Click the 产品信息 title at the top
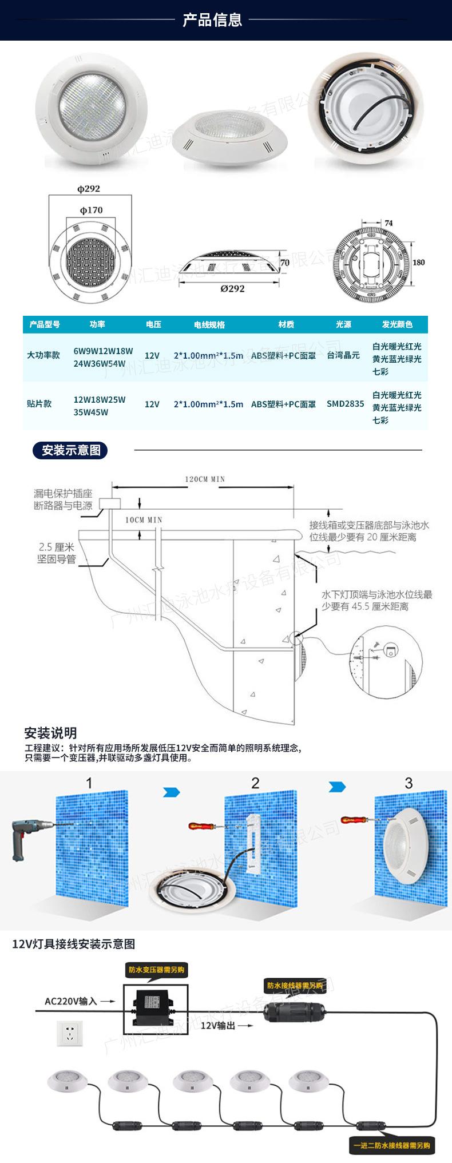pos(212,20)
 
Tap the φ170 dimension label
pos(91,210)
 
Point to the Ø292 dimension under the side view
pos(232,288)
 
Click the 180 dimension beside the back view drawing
pos(418,262)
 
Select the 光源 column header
pos(343,324)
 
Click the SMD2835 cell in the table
pos(345,404)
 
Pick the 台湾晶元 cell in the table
pos(343,355)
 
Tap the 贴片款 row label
pos(39,404)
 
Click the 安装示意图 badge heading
pos(70,450)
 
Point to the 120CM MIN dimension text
pos(204,479)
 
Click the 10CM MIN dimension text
pos(144,520)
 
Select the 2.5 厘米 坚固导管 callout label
pos(56,553)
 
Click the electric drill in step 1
pos(30,836)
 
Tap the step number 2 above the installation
pos(255,783)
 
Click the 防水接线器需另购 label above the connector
pos(294,986)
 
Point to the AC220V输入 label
pos(71,1001)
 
